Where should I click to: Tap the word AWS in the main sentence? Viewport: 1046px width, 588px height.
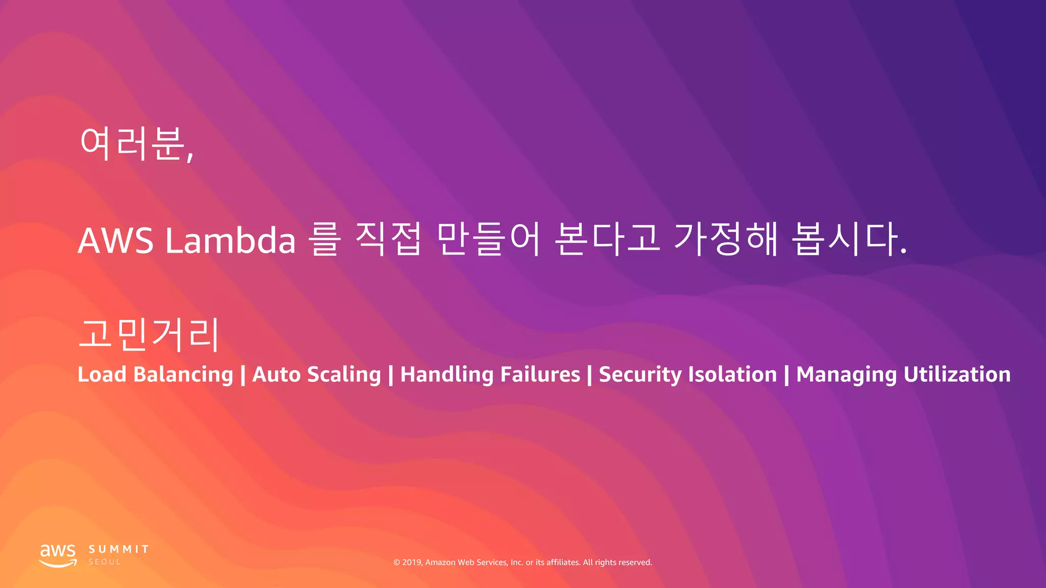click(115, 240)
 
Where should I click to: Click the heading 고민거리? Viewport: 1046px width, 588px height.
click(149, 334)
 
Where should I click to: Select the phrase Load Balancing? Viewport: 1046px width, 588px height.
click(155, 375)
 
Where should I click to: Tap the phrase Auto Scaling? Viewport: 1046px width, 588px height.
click(317, 375)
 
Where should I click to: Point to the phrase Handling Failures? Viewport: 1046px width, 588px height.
click(490, 375)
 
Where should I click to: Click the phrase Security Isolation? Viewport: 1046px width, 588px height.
click(687, 375)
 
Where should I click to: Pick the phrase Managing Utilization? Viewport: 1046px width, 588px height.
click(903, 375)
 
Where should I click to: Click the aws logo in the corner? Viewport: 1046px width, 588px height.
click(58, 555)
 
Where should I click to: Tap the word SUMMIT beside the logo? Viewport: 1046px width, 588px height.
click(119, 549)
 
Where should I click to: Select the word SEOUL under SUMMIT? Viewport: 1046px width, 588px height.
click(105, 562)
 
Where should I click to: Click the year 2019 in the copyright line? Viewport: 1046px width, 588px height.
click(412, 562)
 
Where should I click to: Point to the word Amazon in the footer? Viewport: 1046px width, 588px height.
click(440, 562)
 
